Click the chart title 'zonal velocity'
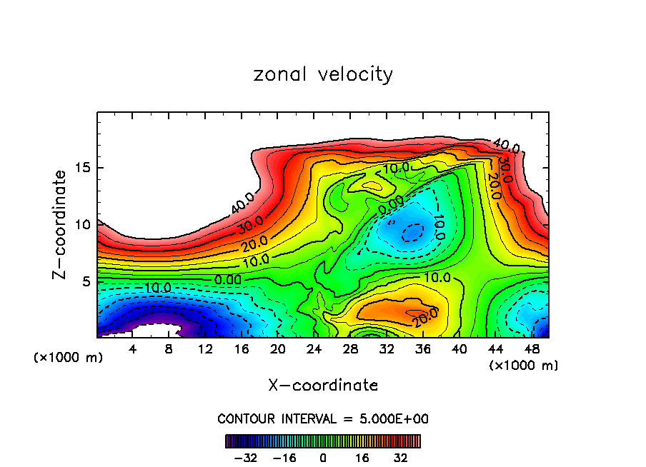tap(323, 74)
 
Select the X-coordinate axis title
tap(323, 386)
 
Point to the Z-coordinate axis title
tap(61, 224)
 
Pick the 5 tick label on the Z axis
tap(86, 281)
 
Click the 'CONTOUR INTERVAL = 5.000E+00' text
tap(323, 418)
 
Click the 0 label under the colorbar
tap(323, 458)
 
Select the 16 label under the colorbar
tap(362, 458)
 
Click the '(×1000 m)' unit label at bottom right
tap(524, 366)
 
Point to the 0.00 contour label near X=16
tap(228, 280)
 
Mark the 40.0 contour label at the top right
tap(506, 148)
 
